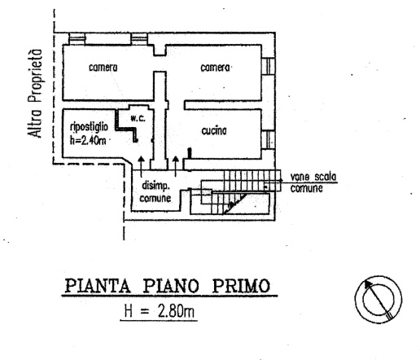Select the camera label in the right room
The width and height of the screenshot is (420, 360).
pos(217,68)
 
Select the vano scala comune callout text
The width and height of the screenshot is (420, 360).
pos(304,182)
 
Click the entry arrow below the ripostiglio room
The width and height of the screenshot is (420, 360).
pos(142,161)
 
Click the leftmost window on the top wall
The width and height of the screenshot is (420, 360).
pos(78,38)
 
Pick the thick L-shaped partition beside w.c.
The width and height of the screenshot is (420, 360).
pos(120,125)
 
